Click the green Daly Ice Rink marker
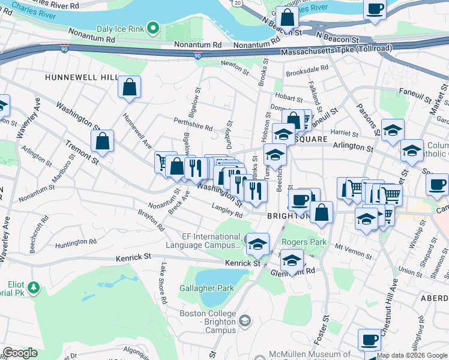click(153, 28)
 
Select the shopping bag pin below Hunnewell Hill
click(129, 88)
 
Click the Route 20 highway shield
click(238, 4)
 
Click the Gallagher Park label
click(206, 288)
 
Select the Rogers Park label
click(305, 242)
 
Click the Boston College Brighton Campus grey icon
click(245, 322)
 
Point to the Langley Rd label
click(227, 211)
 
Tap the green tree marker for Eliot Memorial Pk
click(34, 287)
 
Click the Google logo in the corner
click(20, 353)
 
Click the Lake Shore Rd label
click(162, 284)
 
